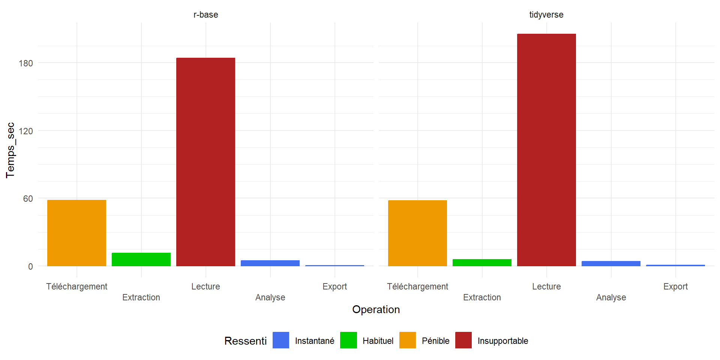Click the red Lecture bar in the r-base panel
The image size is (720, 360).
(205, 162)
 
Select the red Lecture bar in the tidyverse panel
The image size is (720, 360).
(546, 150)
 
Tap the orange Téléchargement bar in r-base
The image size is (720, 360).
(76, 233)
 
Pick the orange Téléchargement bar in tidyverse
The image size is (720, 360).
(417, 233)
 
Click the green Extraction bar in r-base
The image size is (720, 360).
(141, 259)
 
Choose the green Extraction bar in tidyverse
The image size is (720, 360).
(482, 262)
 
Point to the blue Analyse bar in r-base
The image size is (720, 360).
(270, 263)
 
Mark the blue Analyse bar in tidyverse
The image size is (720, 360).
(611, 264)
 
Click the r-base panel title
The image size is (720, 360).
(205, 15)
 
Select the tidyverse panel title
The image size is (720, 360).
(546, 15)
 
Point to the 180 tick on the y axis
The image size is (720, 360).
(26, 63)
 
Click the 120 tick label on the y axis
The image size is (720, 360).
(26, 131)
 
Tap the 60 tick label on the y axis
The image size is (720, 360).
(28, 199)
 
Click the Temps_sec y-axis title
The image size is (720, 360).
(10, 150)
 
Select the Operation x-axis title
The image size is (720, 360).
(376, 309)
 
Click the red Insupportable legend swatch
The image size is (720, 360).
(463, 340)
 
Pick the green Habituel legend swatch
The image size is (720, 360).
(348, 340)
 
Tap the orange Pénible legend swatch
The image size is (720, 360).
(408, 340)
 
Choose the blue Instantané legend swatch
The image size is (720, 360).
(281, 340)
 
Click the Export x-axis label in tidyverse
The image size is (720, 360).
(675, 286)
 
